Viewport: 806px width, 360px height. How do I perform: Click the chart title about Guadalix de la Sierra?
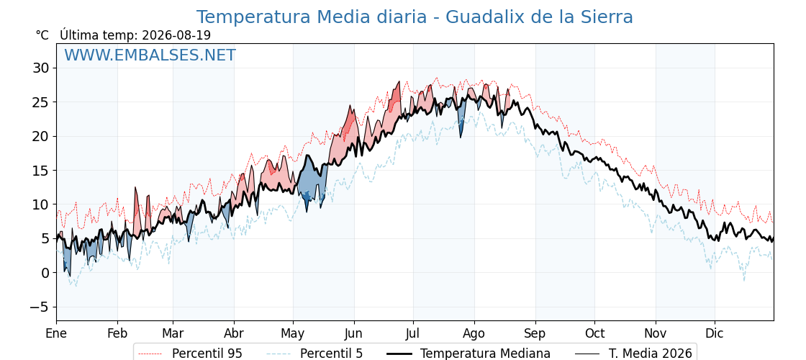point(415,17)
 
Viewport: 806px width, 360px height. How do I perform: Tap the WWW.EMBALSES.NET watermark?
point(150,55)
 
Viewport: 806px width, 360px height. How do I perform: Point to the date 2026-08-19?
point(176,35)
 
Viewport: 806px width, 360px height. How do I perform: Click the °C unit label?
point(42,35)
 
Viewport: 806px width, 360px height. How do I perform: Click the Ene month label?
point(56,334)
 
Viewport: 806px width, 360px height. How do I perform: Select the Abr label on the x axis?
point(234,334)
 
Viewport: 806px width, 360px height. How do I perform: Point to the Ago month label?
point(474,334)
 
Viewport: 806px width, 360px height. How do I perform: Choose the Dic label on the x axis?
point(715,334)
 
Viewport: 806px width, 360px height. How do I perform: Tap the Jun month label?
point(353,334)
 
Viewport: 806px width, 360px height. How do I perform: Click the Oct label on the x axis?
point(594,334)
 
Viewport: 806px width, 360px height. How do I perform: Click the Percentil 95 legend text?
point(207,354)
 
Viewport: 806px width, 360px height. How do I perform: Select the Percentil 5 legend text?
point(331,354)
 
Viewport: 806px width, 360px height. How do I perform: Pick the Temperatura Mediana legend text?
point(485,354)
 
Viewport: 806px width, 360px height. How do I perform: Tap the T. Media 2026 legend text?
point(651,354)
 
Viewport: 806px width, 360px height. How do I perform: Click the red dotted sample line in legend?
point(151,354)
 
